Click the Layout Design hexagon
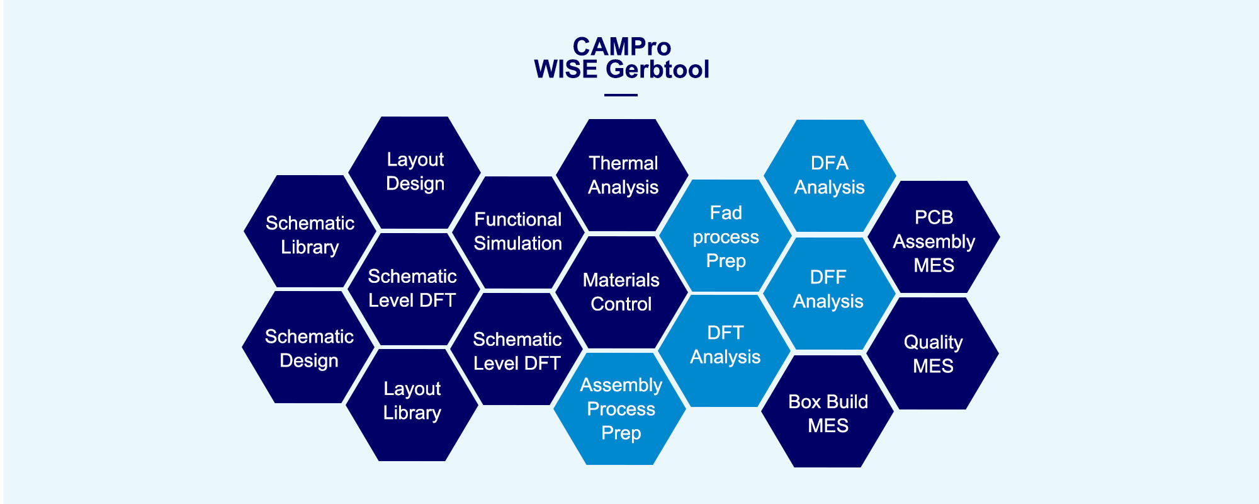(x=415, y=172)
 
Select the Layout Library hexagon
(x=412, y=404)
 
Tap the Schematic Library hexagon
(x=310, y=231)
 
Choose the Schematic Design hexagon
(x=309, y=347)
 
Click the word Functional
(x=517, y=219)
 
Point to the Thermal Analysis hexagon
(x=623, y=175)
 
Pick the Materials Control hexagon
(x=621, y=292)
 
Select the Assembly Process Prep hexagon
(x=620, y=408)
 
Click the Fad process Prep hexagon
(x=725, y=236)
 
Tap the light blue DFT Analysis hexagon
(x=725, y=351)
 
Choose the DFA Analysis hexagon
(x=830, y=176)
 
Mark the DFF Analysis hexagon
(x=828, y=294)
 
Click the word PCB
(x=934, y=217)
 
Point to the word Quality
(x=933, y=343)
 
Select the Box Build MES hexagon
(x=828, y=411)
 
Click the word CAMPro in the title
(x=622, y=47)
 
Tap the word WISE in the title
(x=566, y=69)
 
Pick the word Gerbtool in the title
(x=658, y=69)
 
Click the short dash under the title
(x=621, y=95)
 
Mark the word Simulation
(x=517, y=243)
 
